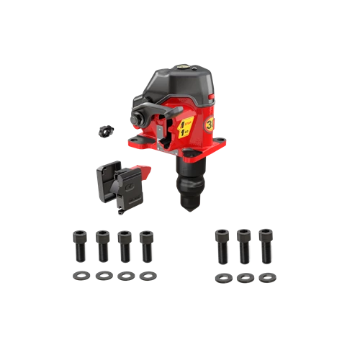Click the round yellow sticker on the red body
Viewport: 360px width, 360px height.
click(209, 124)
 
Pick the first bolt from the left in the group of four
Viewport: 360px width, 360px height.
click(79, 245)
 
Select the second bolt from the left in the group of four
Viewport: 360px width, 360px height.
click(103, 245)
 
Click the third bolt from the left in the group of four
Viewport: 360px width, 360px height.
click(125, 245)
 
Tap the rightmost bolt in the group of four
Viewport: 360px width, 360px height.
click(148, 245)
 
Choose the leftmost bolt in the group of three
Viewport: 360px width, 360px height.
click(222, 245)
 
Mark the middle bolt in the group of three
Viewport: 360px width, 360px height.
click(245, 245)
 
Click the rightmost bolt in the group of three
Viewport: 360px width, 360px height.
click(266, 245)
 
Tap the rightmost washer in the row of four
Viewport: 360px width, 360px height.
click(149, 276)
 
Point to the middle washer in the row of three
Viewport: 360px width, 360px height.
click(245, 276)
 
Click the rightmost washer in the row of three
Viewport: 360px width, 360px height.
click(267, 276)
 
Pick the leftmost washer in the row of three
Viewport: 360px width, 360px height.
click(222, 276)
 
